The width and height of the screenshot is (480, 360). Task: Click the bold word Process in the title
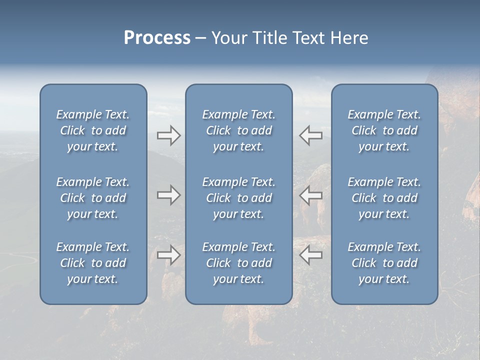(157, 38)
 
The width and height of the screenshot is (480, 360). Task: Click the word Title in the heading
(270, 38)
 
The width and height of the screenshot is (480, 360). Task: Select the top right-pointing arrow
(168, 135)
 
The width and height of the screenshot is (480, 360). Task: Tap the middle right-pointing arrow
(168, 195)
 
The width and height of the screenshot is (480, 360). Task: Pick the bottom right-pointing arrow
(168, 255)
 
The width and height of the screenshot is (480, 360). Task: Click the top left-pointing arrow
(310, 135)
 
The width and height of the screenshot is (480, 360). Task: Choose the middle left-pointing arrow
(310, 195)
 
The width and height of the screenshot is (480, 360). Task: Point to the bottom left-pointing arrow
(310, 255)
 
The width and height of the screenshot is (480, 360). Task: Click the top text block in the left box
(93, 130)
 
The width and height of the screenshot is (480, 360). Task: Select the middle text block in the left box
(93, 198)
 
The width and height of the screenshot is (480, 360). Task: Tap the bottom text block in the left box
(93, 263)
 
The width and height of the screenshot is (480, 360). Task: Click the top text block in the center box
(239, 130)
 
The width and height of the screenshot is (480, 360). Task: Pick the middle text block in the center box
(239, 198)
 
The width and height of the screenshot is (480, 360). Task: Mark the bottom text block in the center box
(239, 263)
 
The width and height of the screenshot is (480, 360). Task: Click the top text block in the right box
(384, 130)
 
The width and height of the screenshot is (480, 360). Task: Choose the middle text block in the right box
(384, 198)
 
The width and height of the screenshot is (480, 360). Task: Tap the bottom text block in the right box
(384, 263)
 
